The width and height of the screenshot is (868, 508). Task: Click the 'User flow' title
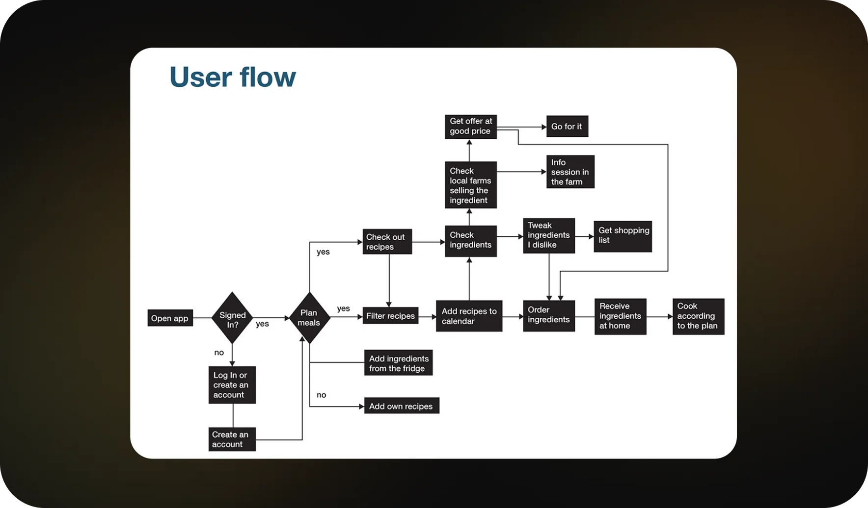233,77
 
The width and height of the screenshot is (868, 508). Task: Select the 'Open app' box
170,318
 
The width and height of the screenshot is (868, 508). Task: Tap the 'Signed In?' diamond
232,318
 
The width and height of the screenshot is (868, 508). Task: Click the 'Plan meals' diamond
309,318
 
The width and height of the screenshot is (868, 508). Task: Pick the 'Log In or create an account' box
232,385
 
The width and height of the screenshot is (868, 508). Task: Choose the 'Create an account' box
232,439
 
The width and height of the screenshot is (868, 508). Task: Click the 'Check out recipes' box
387,241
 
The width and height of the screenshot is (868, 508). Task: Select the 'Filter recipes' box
390,316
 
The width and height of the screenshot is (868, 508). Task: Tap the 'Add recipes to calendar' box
469,316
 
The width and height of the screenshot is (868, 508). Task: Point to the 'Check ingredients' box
471,241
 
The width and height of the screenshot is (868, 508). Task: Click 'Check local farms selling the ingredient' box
471,185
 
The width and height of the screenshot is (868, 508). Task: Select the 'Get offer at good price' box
471,127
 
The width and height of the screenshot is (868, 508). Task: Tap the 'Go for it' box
567,127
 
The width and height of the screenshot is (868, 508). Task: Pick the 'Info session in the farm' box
570,172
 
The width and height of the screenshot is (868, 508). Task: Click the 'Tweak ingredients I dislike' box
549,236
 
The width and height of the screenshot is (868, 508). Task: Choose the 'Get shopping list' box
623,236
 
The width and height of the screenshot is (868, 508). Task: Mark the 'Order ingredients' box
549,316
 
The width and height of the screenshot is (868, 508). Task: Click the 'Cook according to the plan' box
698,316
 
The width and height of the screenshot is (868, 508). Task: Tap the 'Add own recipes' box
402,406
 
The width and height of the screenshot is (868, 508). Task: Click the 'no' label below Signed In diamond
219,353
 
